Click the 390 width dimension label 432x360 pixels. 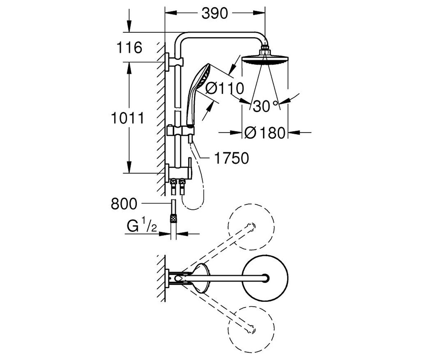click(215, 13)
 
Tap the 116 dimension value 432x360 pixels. click(130, 48)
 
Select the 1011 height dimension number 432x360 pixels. click(127, 118)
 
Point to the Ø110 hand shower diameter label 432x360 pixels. click(225, 89)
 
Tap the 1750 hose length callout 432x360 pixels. click(232, 158)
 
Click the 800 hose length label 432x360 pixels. click(124, 204)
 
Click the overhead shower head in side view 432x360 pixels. click(265, 59)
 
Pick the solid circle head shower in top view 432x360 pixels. click(265, 278)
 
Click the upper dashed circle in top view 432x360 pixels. click(251, 227)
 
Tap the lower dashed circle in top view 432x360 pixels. click(251, 329)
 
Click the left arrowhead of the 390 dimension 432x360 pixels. click(171, 13)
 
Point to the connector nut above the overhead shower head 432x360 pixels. click(265, 50)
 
